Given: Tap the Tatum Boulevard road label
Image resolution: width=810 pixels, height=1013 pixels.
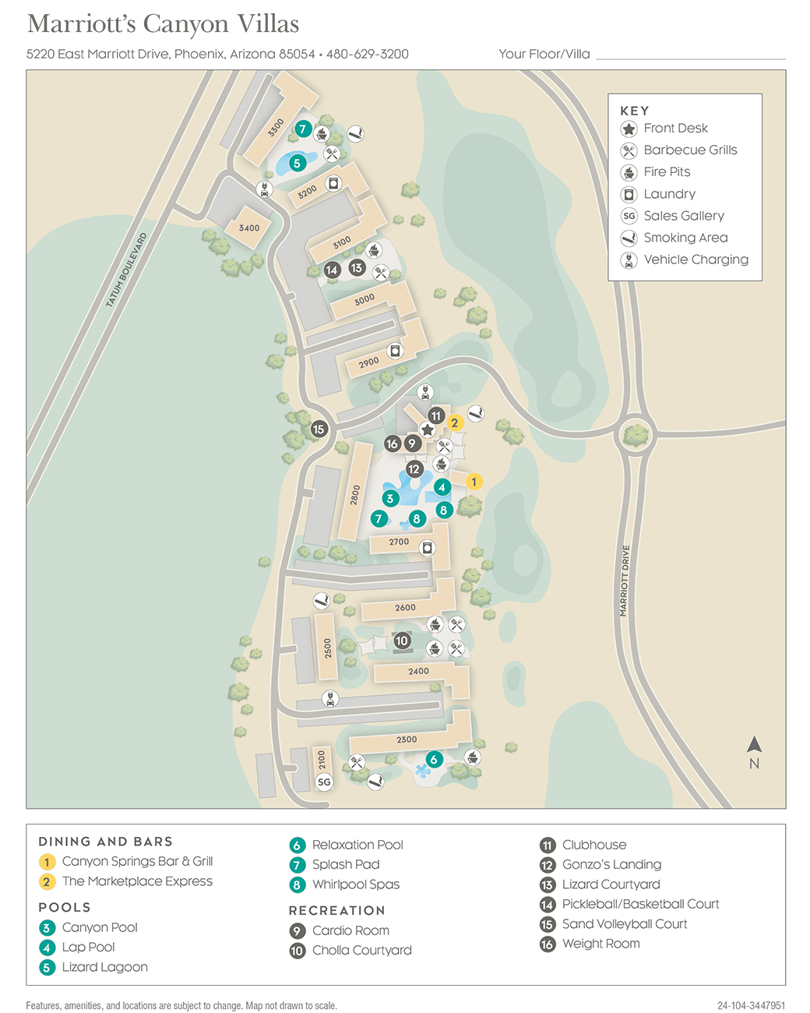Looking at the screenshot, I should tap(126, 270).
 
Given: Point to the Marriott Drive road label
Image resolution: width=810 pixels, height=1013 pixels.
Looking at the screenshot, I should tap(625, 581).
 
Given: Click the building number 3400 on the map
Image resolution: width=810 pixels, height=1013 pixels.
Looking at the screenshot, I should tap(249, 228).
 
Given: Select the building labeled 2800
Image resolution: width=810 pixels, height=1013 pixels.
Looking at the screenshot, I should tap(356, 495).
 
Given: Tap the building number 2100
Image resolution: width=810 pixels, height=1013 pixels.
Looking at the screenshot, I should tap(322, 759).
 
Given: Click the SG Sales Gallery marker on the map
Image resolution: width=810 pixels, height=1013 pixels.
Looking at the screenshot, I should tap(324, 782).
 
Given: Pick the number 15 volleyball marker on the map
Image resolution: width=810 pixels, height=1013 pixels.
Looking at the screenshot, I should tap(319, 429).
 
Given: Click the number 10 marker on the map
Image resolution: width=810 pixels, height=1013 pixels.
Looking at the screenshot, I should tap(402, 641).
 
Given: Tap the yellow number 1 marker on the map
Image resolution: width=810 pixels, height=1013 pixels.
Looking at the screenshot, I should tap(474, 482).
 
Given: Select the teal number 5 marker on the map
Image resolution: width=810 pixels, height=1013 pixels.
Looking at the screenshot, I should tap(297, 164).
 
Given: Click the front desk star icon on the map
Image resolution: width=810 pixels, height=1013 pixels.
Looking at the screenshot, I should tap(427, 430).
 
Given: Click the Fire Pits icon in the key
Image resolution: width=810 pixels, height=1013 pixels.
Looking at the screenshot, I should tap(629, 172).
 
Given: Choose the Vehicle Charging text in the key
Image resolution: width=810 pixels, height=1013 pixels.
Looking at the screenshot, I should tap(696, 259).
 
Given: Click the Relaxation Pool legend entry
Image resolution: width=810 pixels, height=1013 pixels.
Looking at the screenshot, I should tap(357, 845).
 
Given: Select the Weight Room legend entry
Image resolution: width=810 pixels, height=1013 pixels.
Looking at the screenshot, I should tap(600, 944).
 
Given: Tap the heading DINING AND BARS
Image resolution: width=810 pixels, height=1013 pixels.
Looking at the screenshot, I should tap(105, 842).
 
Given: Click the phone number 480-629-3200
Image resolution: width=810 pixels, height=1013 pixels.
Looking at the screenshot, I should tap(368, 54).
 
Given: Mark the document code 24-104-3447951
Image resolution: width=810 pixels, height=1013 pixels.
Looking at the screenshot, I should tap(751, 1005).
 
